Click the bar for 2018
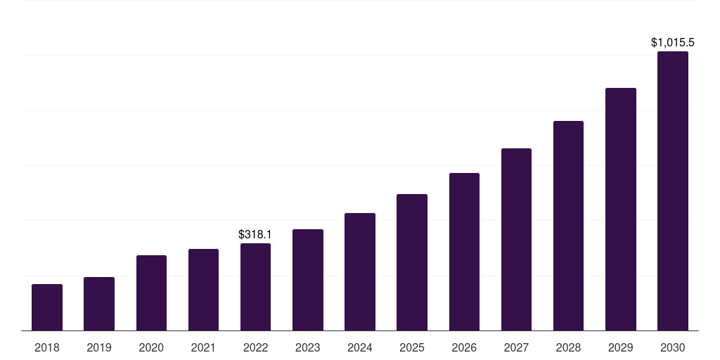(x=47, y=307)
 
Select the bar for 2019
(x=99, y=304)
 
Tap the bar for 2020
(x=151, y=292)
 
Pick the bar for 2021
(x=203, y=290)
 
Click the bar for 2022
(x=255, y=287)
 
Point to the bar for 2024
(x=360, y=271)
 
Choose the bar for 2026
(x=464, y=252)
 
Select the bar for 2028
(x=568, y=226)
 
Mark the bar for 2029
(x=621, y=209)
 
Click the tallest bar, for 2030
(x=673, y=191)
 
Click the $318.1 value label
(x=255, y=234)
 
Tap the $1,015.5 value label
(x=673, y=43)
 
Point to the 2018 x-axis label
(x=47, y=347)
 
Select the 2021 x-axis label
(x=203, y=347)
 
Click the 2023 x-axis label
(x=307, y=347)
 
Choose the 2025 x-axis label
(x=412, y=347)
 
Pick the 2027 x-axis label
(x=516, y=347)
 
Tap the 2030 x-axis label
(x=673, y=347)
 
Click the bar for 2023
(x=307, y=280)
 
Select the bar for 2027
(x=516, y=239)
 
